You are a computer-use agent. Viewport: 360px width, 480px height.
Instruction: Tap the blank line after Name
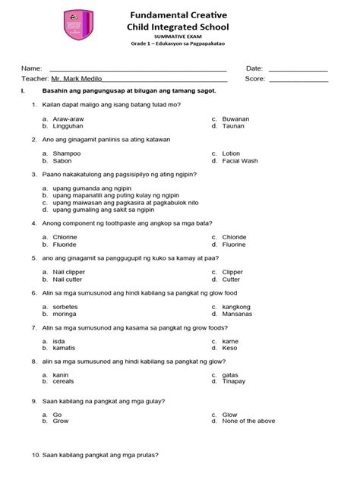pyautogui.click(x=137, y=70)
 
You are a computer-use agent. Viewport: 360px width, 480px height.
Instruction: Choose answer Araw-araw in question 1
pyautogui.click(x=68, y=119)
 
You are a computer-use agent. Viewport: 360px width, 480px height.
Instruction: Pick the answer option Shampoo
pyautogui.click(x=66, y=153)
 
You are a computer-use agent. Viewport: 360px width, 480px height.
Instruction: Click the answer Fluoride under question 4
pyautogui.click(x=66, y=245)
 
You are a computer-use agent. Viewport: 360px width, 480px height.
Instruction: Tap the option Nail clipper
pyautogui.click(x=70, y=271)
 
